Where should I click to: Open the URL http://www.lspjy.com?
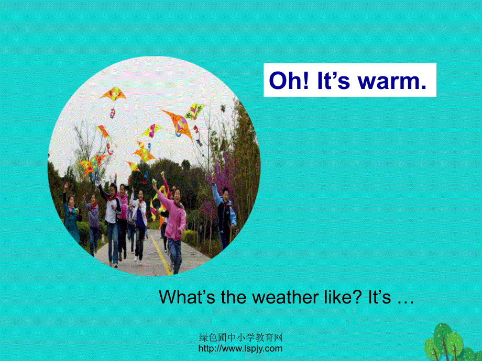coord(240,348)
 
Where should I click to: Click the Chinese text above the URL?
coord(240,339)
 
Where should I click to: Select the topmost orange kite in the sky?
coord(114,94)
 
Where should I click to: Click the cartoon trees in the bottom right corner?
coord(451,343)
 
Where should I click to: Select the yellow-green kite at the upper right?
coord(195,110)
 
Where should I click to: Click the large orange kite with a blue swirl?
coord(178,123)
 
